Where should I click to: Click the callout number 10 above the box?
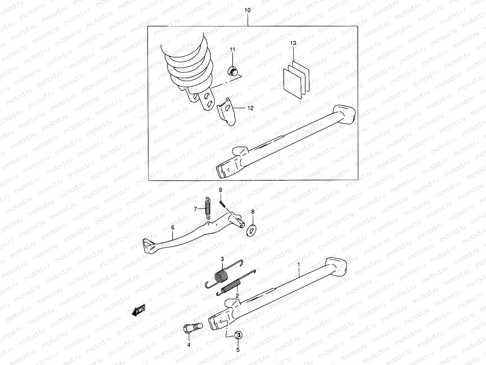pyautogui.click(x=248, y=10)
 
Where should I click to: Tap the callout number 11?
pyautogui.click(x=232, y=49)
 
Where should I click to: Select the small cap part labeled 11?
pyautogui.click(x=233, y=72)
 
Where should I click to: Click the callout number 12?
pyautogui.click(x=250, y=108)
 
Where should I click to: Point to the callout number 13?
pyautogui.click(x=293, y=43)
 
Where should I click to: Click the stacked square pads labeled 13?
pyautogui.click(x=296, y=80)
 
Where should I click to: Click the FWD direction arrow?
pyautogui.click(x=139, y=311)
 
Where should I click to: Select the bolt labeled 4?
pyautogui.click(x=189, y=329)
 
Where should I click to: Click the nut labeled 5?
pyautogui.click(x=239, y=335)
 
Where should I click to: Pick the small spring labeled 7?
pyautogui.click(x=207, y=208)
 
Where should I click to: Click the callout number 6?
pyautogui.click(x=173, y=228)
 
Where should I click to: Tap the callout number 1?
pyautogui.click(x=299, y=265)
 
